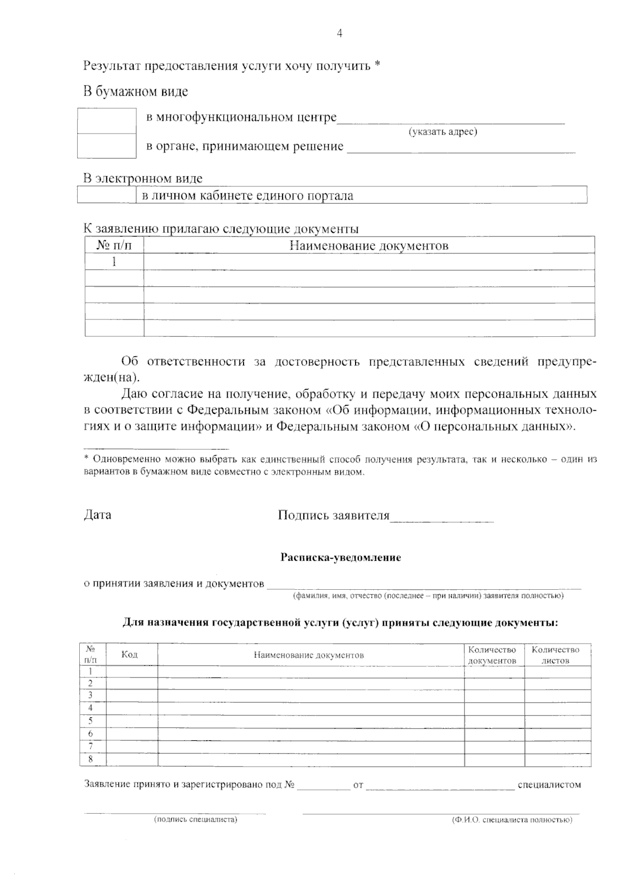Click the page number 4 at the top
339,34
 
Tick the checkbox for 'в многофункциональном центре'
107,121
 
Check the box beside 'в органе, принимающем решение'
107,146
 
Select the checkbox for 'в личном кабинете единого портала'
107,195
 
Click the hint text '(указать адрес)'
443,131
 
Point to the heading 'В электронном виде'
143,178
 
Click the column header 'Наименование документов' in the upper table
369,246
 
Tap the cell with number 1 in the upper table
114,262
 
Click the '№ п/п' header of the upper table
114,246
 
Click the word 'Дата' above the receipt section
98,515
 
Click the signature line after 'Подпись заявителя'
441,518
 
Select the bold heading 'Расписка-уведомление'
340,558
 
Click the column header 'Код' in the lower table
130,655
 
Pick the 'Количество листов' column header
556,655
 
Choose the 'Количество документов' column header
492,655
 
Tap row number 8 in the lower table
91,760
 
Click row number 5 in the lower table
91,721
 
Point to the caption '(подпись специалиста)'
195,819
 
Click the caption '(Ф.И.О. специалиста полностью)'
511,820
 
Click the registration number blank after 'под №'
323,786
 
